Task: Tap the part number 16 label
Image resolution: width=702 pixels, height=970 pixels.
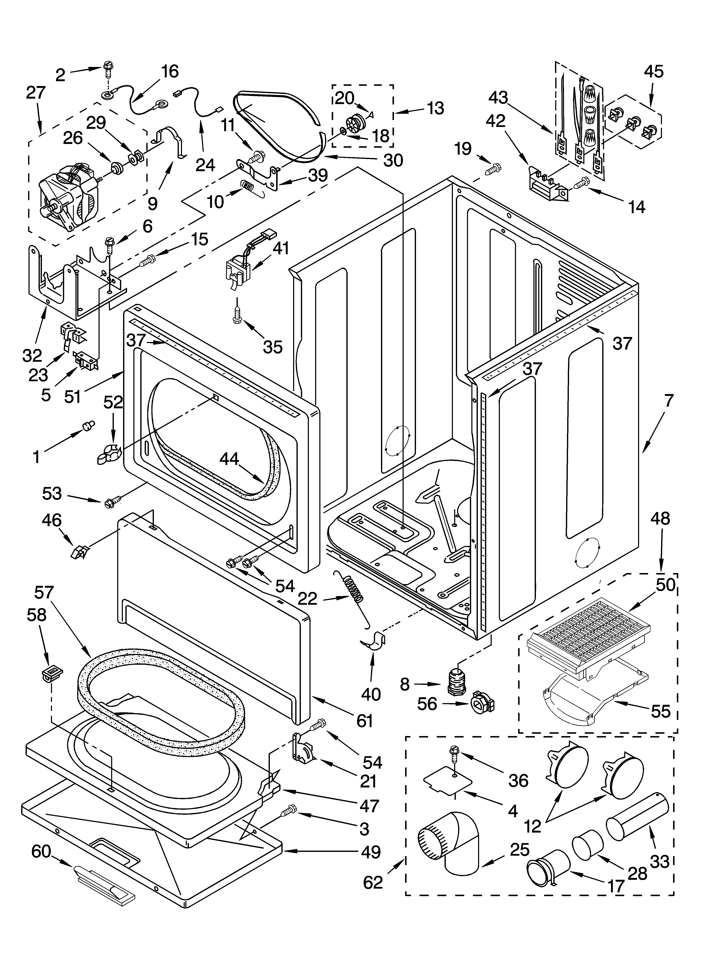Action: pyautogui.click(x=170, y=71)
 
